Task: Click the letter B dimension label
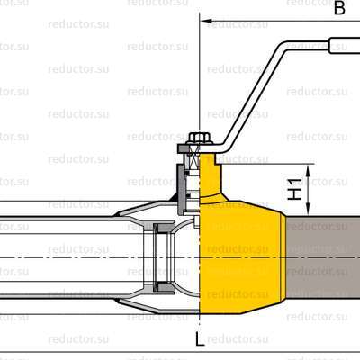pyautogui.click(x=339, y=9)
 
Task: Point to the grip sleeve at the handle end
pyautogui.click(x=345, y=43)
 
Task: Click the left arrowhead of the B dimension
pyautogui.click(x=205, y=18)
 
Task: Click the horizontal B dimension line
pyautogui.click(x=270, y=18)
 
